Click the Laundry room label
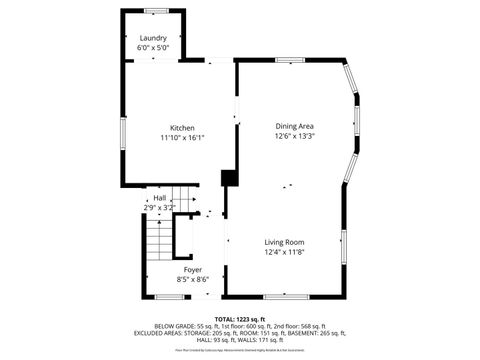click(153, 38)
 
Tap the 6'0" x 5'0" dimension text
click(153, 47)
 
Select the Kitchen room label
click(182, 127)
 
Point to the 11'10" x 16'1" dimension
click(182, 137)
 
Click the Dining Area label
click(295, 126)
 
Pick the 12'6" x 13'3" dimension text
click(295, 136)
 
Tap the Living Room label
click(284, 242)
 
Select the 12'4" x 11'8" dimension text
click(284, 252)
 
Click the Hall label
click(160, 198)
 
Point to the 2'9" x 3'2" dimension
click(160, 208)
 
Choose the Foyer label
click(192, 270)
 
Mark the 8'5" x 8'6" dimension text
click(192, 280)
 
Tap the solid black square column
click(229, 178)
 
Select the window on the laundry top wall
click(155, 11)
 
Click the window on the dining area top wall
click(290, 60)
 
